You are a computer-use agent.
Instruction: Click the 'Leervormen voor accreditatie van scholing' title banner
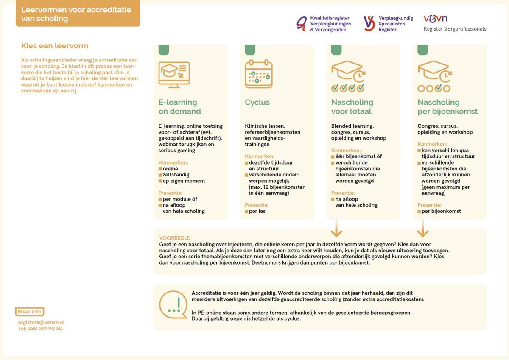[78, 14]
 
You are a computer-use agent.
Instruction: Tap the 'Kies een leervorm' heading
[55, 46]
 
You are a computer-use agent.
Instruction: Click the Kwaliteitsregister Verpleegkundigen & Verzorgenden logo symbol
[302, 24]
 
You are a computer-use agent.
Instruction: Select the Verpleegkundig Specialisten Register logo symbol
[369, 23]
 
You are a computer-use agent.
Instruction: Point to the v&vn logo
[435, 19]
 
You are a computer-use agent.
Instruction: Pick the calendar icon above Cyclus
[258, 74]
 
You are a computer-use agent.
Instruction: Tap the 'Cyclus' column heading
[257, 102]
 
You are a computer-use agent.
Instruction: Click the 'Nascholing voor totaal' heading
[352, 107]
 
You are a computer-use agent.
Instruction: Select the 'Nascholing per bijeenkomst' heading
[447, 107]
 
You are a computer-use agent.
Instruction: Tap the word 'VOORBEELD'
[175, 238]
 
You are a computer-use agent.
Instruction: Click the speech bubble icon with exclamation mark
[173, 304]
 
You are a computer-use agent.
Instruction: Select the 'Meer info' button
[30, 312]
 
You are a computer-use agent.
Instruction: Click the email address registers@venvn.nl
[41, 322]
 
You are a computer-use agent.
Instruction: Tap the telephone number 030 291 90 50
[40, 328]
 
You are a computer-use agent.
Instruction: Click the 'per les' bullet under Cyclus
[257, 211]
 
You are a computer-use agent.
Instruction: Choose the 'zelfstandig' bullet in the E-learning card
[176, 175]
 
